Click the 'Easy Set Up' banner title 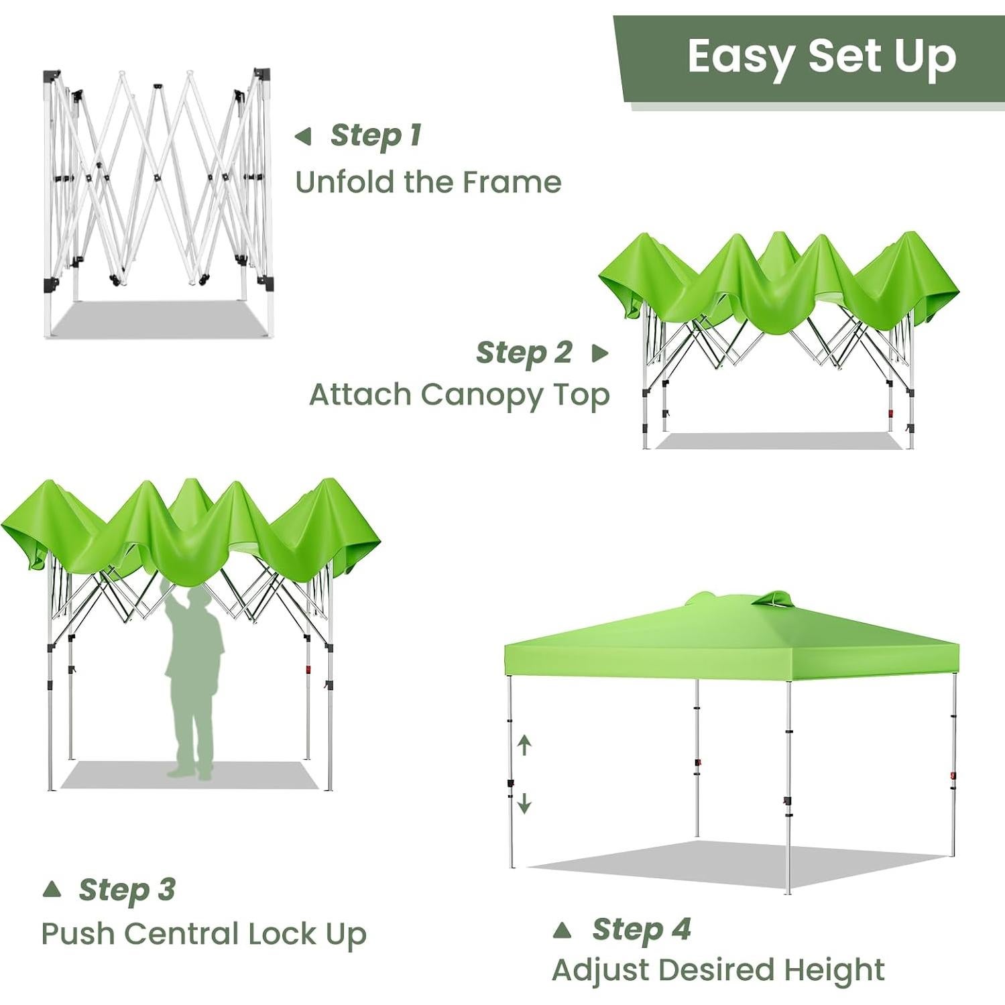tap(821, 57)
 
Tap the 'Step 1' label tap(375, 135)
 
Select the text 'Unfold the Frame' tap(428, 182)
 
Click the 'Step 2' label tap(524, 353)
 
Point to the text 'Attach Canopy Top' tap(459, 395)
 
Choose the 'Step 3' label tap(127, 890)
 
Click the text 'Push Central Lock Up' tap(204, 934)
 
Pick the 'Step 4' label tap(641, 929)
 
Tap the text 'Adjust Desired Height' tap(718, 970)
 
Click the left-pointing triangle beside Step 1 tap(303, 137)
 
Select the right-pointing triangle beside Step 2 tap(600, 353)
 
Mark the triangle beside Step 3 tap(52, 890)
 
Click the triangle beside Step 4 tap(563, 930)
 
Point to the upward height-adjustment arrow tap(525, 744)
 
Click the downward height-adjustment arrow tap(525, 803)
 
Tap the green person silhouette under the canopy tap(194, 677)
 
